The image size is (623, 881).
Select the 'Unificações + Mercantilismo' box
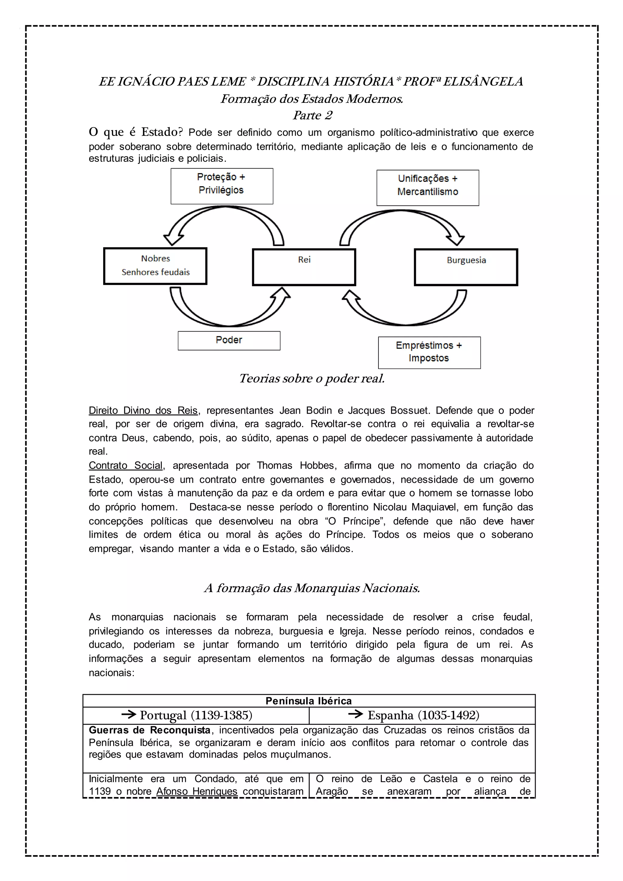[x=427, y=188]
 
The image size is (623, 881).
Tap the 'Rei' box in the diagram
[x=304, y=267]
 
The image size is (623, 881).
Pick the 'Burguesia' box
[x=466, y=267]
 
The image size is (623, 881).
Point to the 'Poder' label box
[x=229, y=340]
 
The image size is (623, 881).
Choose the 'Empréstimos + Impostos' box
[x=429, y=352]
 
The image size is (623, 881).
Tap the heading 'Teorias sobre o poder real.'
[x=311, y=379]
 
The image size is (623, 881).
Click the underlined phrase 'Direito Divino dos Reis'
[x=143, y=411]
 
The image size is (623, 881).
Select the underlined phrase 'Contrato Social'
[x=126, y=465]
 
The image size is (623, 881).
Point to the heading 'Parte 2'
[x=312, y=115]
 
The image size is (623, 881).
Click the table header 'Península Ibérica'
[x=308, y=701]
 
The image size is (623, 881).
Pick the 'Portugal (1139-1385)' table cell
[x=196, y=716]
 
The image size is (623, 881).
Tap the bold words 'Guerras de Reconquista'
[x=150, y=730]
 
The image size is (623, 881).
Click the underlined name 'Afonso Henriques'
[x=197, y=791]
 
